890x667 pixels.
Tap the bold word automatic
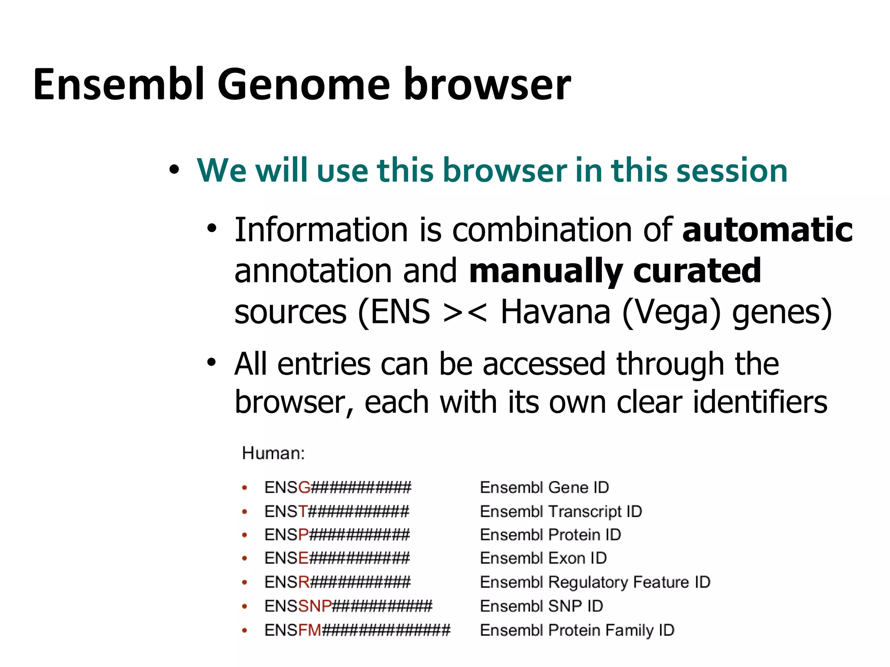[x=767, y=230]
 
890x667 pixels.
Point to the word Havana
[x=555, y=312]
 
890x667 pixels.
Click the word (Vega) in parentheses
[x=671, y=312]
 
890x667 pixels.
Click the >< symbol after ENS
[x=465, y=312]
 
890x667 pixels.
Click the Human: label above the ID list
[x=273, y=453]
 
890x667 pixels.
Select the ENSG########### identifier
[x=338, y=488]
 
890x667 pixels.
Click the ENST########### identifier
[x=337, y=511]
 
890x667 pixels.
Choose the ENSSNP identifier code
[x=348, y=606]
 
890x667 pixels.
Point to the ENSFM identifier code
[x=357, y=630]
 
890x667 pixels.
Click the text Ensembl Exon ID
[x=543, y=558]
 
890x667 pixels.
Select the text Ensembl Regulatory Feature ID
[x=595, y=582]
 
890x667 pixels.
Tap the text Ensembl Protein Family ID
[x=577, y=630]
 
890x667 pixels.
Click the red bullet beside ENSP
[x=245, y=535]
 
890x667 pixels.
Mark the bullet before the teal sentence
[x=174, y=170]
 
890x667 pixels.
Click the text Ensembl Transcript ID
[x=561, y=511]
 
